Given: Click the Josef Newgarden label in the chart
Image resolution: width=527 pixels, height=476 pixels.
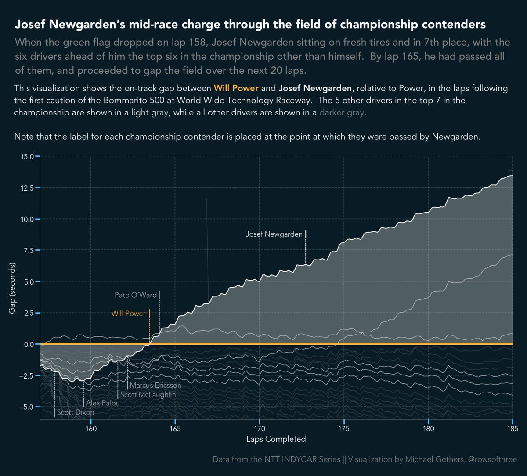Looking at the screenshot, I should pyautogui.click(x=274, y=234).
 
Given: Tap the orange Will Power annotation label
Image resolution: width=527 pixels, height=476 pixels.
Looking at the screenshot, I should pyautogui.click(x=128, y=314).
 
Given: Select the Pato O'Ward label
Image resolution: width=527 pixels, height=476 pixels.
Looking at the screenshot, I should pyautogui.click(x=136, y=295).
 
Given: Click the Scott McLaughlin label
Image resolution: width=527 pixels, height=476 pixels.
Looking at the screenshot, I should pyautogui.click(x=148, y=395).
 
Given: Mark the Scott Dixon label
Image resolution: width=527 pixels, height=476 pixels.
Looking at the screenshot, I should pyautogui.click(x=76, y=413).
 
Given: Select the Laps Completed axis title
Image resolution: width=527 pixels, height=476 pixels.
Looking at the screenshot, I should pyautogui.click(x=276, y=439).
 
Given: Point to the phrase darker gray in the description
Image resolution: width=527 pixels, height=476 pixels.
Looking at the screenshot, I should pyautogui.click(x=342, y=113).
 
